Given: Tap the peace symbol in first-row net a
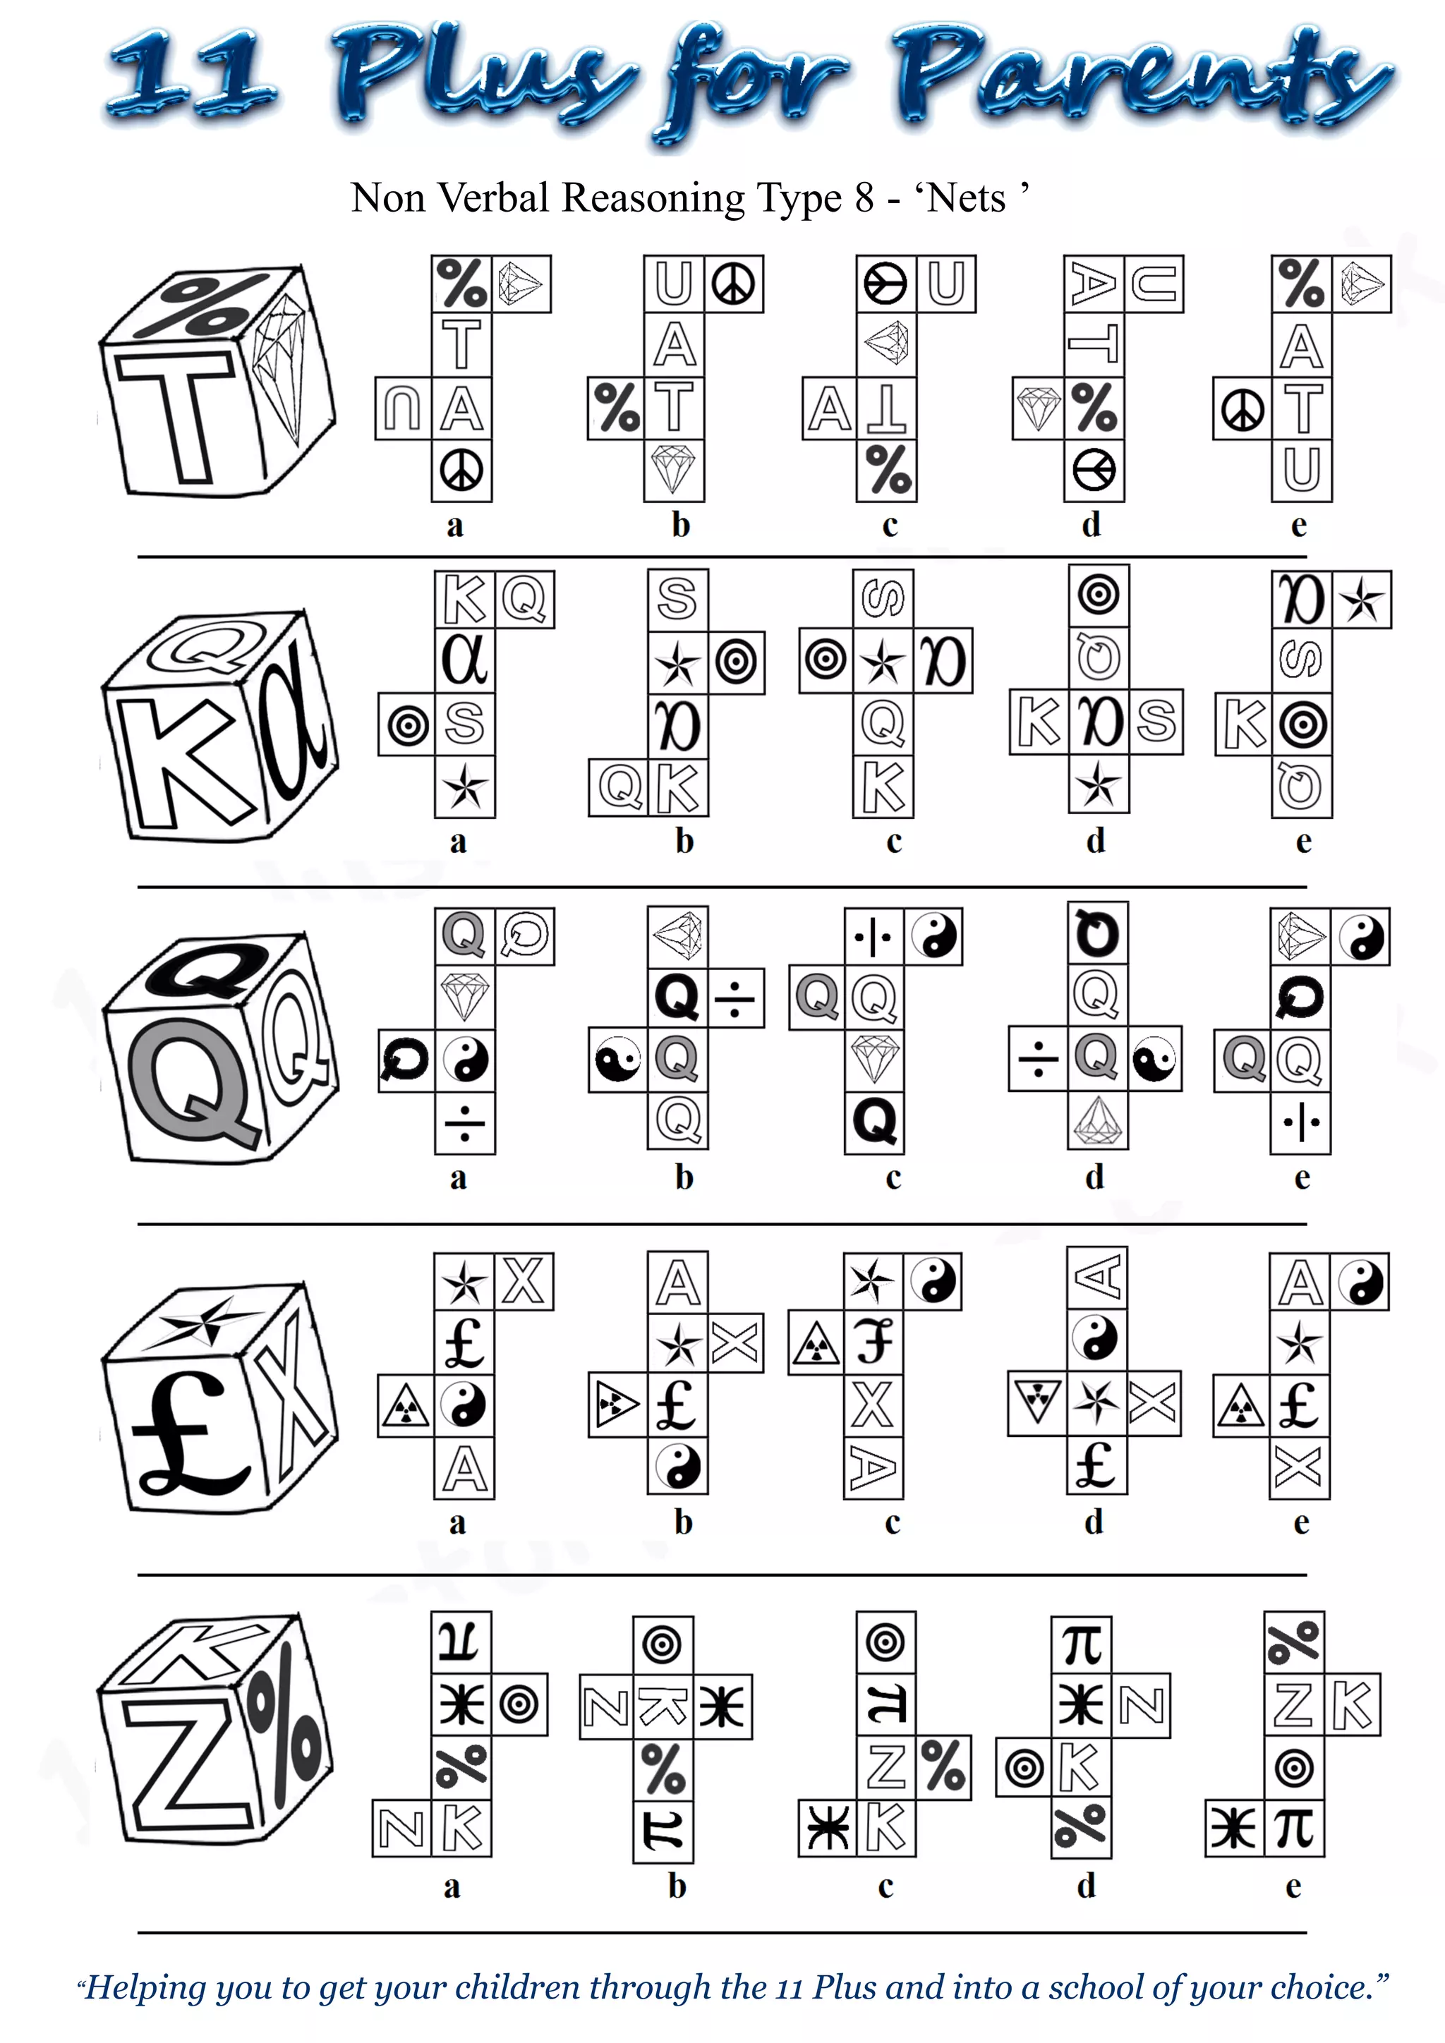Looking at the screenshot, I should coord(462,471).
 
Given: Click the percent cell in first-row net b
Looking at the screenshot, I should coord(616,408).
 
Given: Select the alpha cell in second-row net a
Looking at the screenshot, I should coord(464,660).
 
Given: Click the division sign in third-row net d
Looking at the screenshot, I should coord(1037,1059).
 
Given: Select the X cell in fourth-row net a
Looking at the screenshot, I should coord(524,1283).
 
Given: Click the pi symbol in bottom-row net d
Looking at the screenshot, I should coord(1082,1644).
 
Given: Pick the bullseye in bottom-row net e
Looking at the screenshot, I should coord(1294,1767).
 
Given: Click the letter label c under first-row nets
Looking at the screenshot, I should coord(890,525).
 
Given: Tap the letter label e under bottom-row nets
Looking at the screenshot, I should coord(1294,1886).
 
